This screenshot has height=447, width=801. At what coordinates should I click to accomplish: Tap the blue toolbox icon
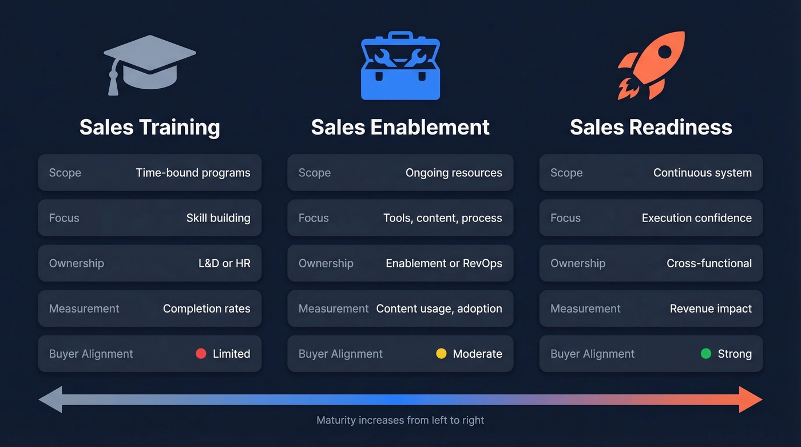(400, 66)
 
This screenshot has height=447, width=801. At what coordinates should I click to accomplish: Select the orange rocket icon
(651, 65)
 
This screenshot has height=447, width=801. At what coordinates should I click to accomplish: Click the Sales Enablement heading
(400, 127)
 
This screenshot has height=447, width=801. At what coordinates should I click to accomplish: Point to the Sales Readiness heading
(651, 127)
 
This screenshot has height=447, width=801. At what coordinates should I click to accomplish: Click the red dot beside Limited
(201, 354)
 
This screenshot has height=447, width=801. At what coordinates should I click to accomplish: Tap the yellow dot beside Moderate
(441, 354)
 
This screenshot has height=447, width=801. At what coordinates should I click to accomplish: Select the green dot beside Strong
(706, 354)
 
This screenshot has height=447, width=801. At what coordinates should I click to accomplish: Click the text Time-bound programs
(193, 173)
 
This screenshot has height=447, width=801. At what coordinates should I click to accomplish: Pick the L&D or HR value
(224, 263)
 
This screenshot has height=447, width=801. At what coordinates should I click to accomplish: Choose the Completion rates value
(207, 308)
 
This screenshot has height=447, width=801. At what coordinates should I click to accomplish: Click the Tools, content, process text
(442, 218)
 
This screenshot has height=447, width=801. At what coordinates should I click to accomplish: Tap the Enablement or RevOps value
(443, 263)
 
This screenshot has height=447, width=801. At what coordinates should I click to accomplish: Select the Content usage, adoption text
(439, 308)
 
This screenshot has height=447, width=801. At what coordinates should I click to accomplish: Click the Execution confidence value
(696, 218)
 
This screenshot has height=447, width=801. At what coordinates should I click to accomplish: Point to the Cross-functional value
(709, 263)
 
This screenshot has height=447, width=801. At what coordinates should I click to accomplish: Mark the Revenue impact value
(711, 308)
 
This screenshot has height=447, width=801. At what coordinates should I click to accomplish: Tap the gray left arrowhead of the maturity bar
(50, 399)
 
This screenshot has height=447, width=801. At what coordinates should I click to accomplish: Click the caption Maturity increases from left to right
(400, 420)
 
